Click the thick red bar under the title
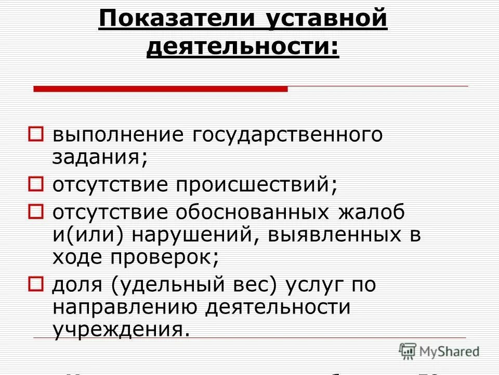160,89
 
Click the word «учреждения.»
119,330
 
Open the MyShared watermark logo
439,351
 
